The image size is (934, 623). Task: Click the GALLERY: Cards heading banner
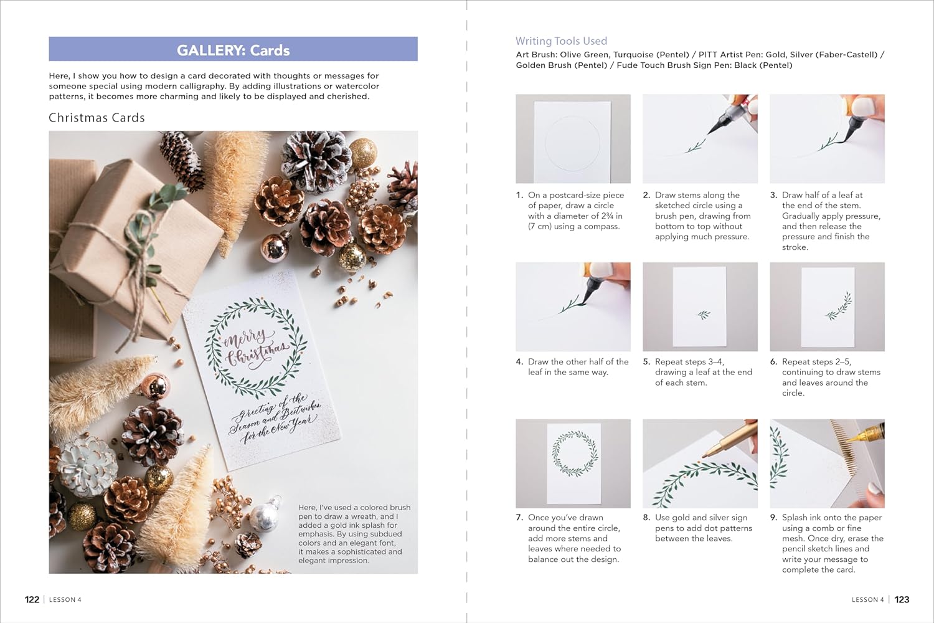(x=233, y=50)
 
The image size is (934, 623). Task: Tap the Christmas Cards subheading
(x=97, y=118)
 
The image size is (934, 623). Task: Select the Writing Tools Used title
(x=561, y=41)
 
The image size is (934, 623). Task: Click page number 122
(x=32, y=599)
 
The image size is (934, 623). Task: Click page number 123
(x=902, y=599)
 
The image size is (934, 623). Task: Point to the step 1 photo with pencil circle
(x=573, y=139)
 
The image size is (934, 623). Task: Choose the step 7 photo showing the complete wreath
(x=573, y=463)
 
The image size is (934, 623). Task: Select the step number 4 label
(x=519, y=362)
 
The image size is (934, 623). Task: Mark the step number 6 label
(x=773, y=362)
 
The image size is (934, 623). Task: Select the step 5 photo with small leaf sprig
(x=700, y=307)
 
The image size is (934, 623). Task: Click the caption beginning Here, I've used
(x=354, y=533)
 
